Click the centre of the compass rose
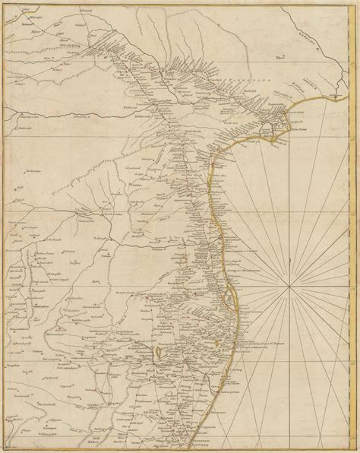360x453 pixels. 294,287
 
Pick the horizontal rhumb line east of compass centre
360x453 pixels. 327,287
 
